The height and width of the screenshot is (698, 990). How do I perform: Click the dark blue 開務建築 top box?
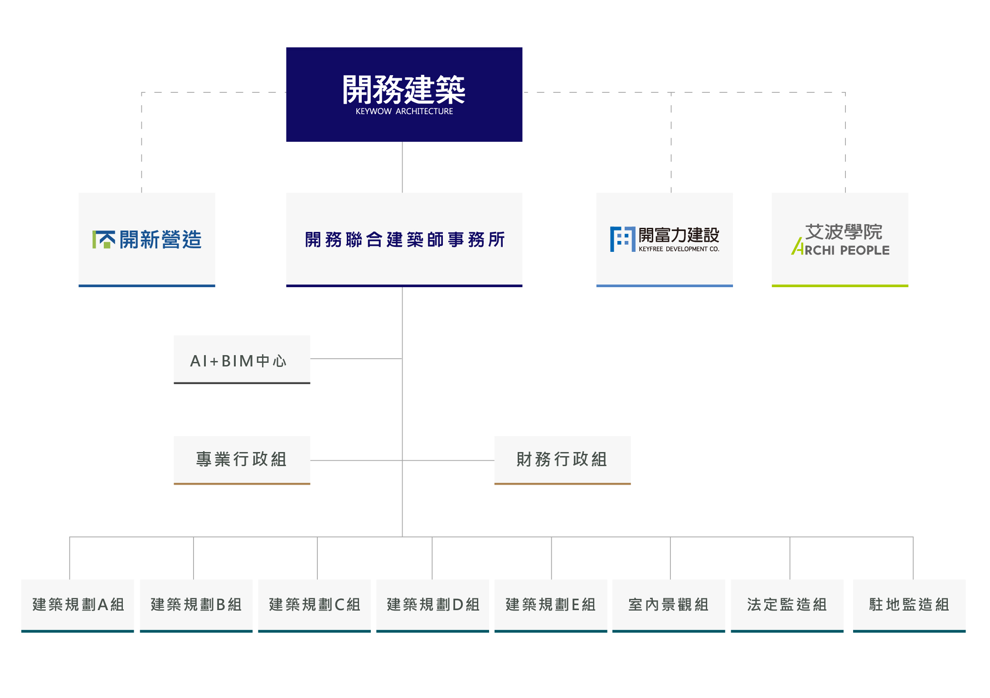404,94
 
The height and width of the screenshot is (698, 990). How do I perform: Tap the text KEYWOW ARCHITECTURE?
404,111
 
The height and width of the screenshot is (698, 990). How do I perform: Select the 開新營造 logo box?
147,240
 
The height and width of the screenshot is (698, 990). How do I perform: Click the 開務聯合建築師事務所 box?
404,240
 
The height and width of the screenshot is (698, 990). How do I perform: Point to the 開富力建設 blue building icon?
622,239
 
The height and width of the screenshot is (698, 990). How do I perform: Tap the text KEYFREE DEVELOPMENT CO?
679,249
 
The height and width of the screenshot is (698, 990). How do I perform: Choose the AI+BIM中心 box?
242,360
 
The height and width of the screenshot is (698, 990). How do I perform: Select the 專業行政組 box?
242,460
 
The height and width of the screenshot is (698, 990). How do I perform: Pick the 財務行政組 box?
563,460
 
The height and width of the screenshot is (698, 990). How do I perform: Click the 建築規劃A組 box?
78,606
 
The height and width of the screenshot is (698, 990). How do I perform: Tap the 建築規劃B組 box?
196,606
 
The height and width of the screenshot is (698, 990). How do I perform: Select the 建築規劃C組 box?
315,606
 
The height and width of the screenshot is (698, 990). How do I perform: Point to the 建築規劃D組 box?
432,606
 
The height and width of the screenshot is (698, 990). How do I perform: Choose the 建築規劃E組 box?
551,606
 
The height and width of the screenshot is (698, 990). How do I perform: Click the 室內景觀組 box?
669,606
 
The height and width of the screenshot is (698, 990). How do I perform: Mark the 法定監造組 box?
787,606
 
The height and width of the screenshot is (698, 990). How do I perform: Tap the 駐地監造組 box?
909,606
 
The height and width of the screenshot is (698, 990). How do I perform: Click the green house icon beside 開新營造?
103,240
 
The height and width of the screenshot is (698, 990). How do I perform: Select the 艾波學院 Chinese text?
844,232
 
